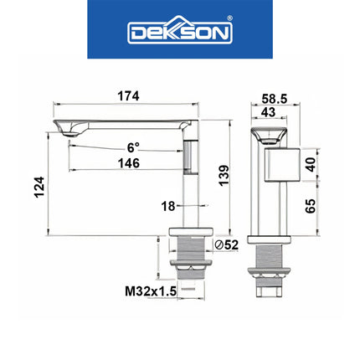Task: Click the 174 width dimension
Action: [x=128, y=96]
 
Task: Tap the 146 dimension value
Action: [x=128, y=162]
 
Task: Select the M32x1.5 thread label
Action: [x=151, y=291]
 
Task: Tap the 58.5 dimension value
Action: [x=272, y=99]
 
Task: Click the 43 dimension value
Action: [x=268, y=111]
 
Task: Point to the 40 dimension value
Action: [x=311, y=164]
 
